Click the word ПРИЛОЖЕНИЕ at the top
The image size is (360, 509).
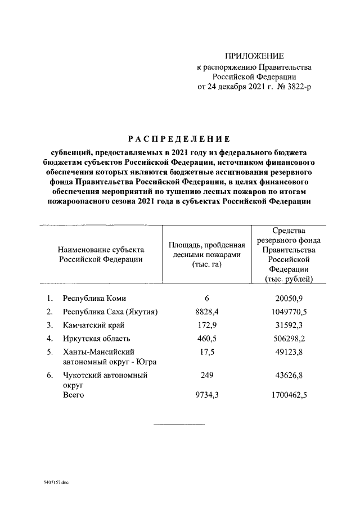coord(254,56)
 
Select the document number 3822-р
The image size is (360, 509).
coord(296,87)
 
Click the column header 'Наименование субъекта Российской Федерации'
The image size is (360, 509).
coord(101,254)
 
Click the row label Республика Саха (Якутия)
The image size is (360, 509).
coord(110,312)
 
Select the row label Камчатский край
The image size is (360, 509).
coord(93,325)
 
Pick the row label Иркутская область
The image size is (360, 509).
coord(97,339)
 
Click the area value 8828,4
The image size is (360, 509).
coord(207,312)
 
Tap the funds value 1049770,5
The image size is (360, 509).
coord(289,312)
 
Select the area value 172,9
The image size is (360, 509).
coord(207,325)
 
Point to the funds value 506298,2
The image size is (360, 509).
coord(289,339)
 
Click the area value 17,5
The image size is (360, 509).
coord(207,352)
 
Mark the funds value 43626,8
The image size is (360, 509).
coord(289,376)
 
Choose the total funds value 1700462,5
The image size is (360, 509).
coord(289,396)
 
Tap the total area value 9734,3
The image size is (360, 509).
coord(207,396)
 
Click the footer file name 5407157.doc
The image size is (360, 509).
coord(55,483)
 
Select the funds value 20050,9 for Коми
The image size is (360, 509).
coord(289,298)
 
